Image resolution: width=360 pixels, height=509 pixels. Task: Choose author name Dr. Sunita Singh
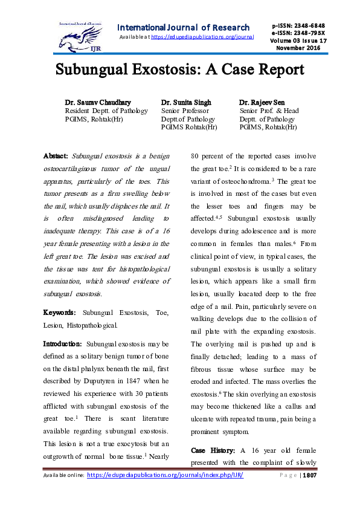tap(186, 102)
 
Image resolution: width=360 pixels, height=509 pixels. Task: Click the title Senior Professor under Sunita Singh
tap(185, 111)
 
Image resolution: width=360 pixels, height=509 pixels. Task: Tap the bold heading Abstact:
tap(56, 156)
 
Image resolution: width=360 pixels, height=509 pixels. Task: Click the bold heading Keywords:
tap(60, 313)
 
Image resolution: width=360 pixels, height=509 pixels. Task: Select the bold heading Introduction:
tap(63, 344)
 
